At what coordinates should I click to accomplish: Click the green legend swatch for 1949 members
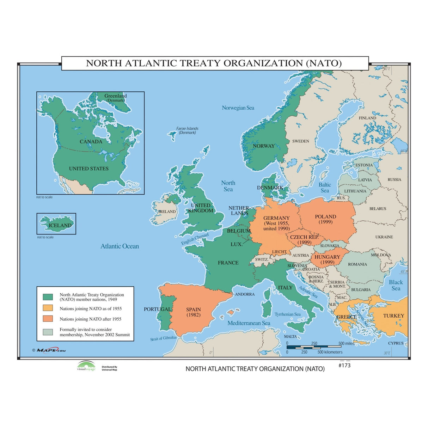click(x=48, y=297)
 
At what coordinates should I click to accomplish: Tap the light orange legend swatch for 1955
click(x=48, y=308)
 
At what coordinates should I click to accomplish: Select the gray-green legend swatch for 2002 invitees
click(x=48, y=332)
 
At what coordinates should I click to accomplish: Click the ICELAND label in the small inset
click(x=60, y=225)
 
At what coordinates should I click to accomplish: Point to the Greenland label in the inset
click(x=115, y=96)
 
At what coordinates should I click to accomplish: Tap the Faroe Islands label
click(x=187, y=130)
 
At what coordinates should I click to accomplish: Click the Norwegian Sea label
click(x=238, y=108)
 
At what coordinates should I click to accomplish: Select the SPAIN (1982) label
click(x=194, y=312)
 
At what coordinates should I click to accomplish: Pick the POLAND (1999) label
click(x=325, y=219)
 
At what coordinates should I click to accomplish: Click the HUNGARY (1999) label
click(x=327, y=259)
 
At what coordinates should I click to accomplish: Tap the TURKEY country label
click(x=393, y=316)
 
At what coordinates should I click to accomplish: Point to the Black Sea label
click(x=396, y=285)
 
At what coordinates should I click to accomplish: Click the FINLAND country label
click(x=367, y=118)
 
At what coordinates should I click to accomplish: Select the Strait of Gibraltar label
click(x=164, y=338)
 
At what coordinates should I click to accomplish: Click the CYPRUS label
click(x=396, y=343)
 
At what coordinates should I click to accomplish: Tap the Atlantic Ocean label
click(x=120, y=246)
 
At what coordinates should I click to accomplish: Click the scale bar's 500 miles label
click(x=346, y=343)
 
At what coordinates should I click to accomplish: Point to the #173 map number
click(x=344, y=366)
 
